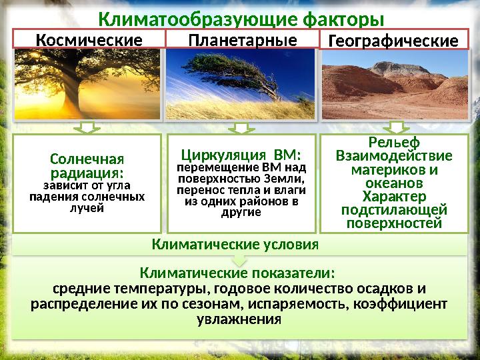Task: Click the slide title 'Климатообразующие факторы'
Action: tap(241, 17)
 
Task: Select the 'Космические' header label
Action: tap(89, 41)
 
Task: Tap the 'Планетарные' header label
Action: tap(242, 41)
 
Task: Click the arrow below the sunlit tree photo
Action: tap(88, 127)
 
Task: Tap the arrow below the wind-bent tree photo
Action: tap(241, 127)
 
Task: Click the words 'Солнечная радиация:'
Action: tap(87, 166)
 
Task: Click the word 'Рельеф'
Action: tap(394, 143)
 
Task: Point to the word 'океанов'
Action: tap(394, 183)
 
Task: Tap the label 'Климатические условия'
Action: tap(235, 244)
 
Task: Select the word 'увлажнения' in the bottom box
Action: tap(239, 319)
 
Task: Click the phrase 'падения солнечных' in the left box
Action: tap(87, 197)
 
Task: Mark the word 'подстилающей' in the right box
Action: tap(394, 210)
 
